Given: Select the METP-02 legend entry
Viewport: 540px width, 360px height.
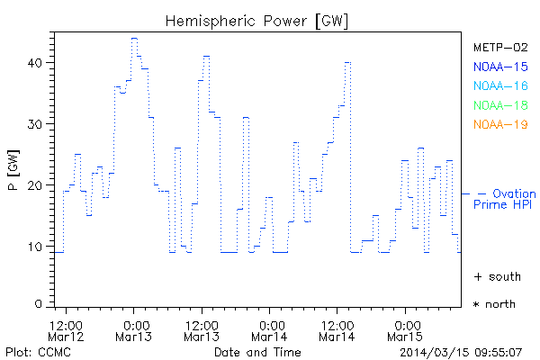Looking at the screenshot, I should [499, 48].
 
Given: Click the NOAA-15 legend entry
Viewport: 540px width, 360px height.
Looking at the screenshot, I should [499, 67].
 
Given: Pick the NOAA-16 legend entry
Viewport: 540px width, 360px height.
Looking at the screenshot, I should [499, 85].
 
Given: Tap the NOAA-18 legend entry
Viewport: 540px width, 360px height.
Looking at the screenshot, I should [499, 105].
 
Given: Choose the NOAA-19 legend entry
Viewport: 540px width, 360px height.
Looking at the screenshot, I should [499, 124].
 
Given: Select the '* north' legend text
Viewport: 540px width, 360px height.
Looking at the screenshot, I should [495, 304].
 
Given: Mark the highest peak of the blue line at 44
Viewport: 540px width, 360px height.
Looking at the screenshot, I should [134, 39].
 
